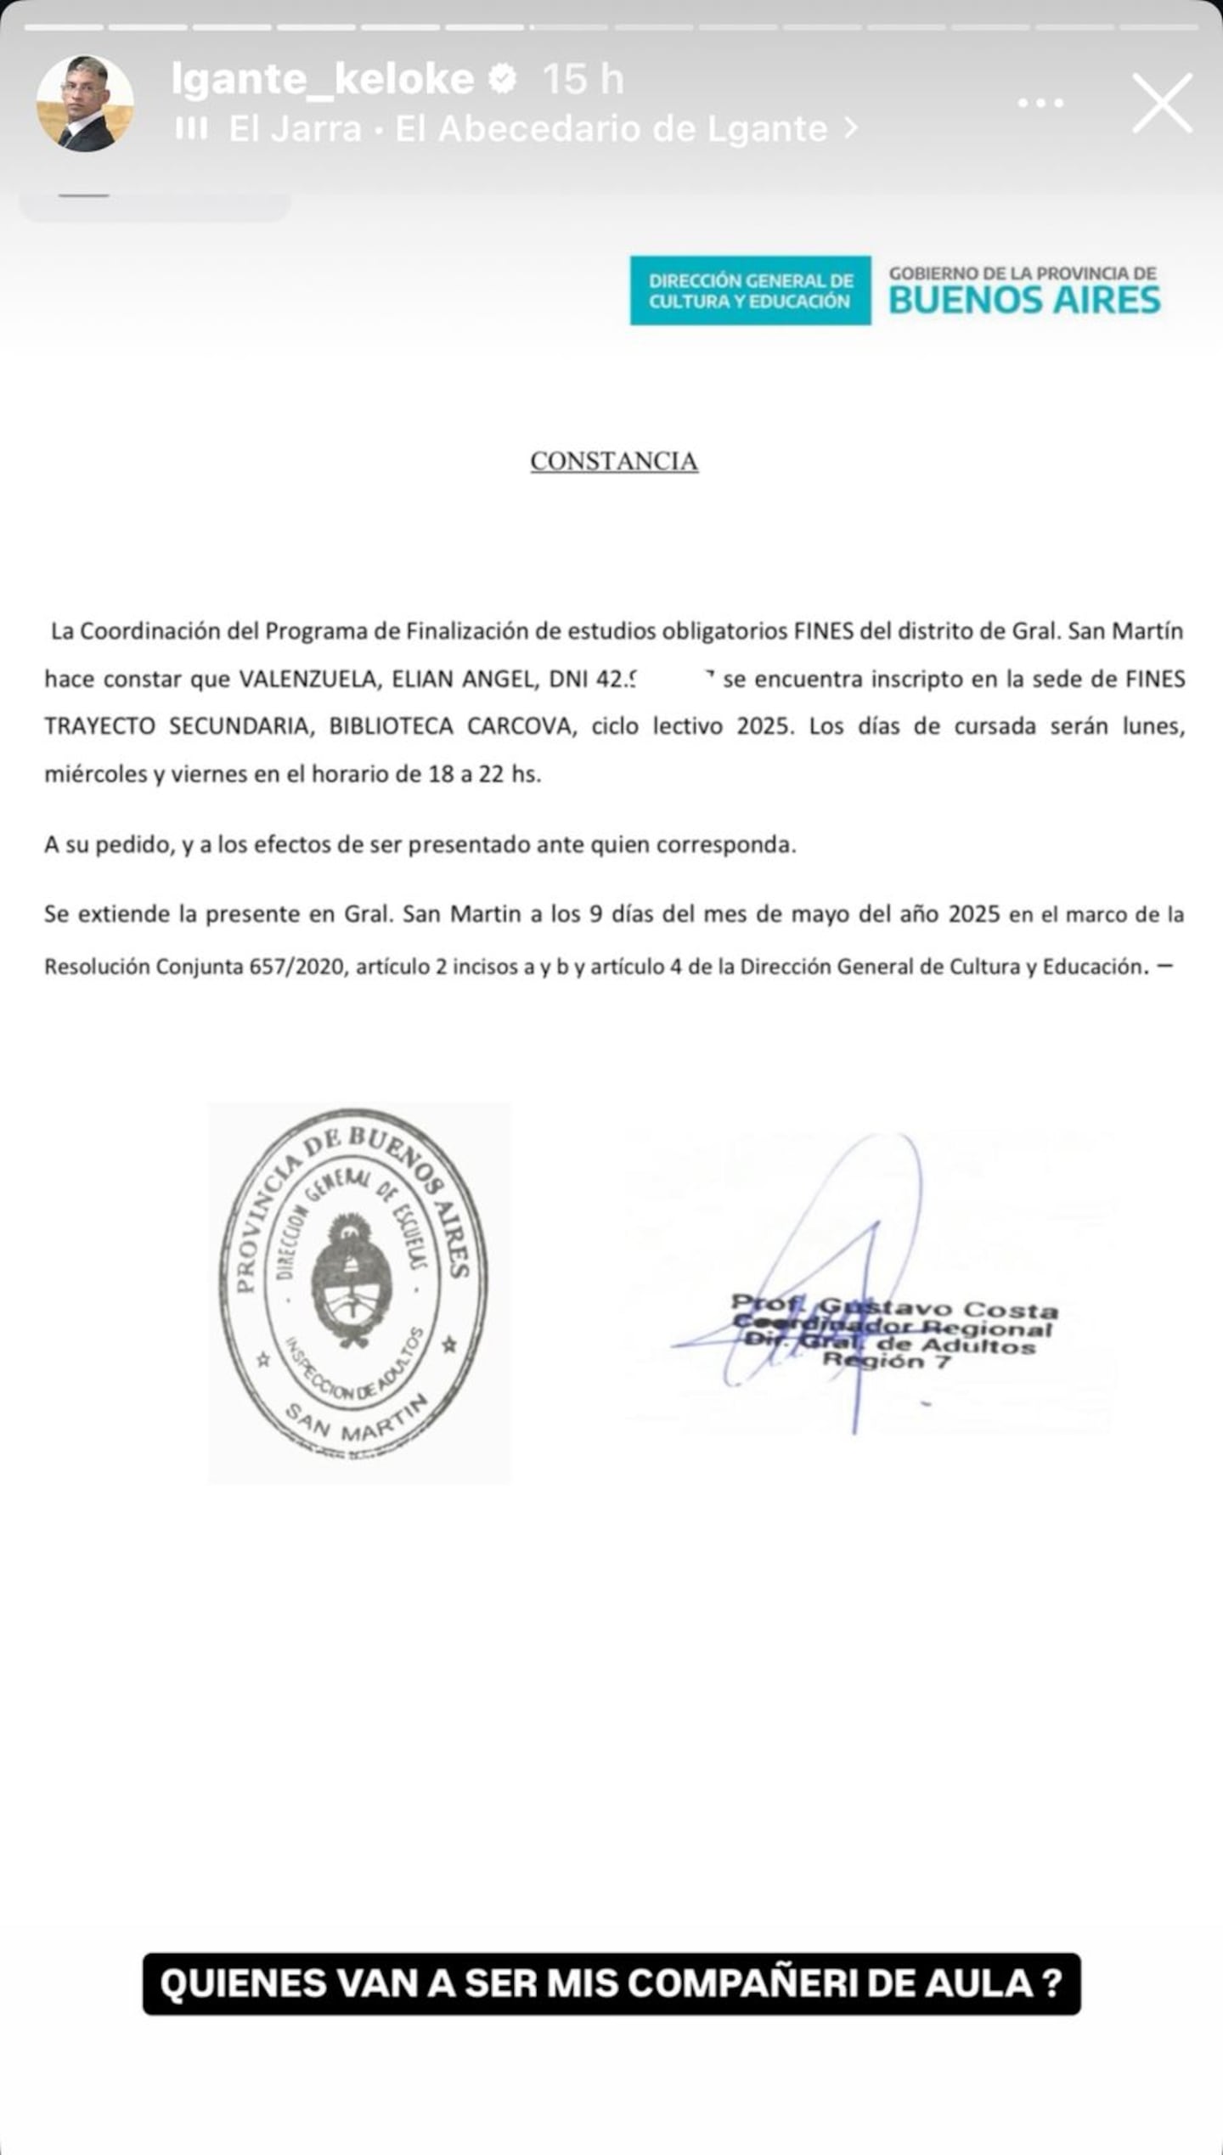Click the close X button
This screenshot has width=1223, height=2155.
click(1163, 103)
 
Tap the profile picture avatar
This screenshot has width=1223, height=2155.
click(85, 104)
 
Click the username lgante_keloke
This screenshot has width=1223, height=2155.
click(323, 79)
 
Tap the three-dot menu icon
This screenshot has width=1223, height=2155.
click(1040, 104)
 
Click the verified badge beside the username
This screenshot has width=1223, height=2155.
click(504, 79)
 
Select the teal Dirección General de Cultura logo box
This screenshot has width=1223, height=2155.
click(750, 291)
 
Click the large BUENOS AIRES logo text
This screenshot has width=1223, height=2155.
click(1024, 301)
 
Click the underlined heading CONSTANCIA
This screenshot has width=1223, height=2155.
click(614, 461)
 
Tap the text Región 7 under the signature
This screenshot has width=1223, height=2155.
click(886, 1361)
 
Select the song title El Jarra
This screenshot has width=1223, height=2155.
click(295, 129)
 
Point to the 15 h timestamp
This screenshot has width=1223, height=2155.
click(583, 79)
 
